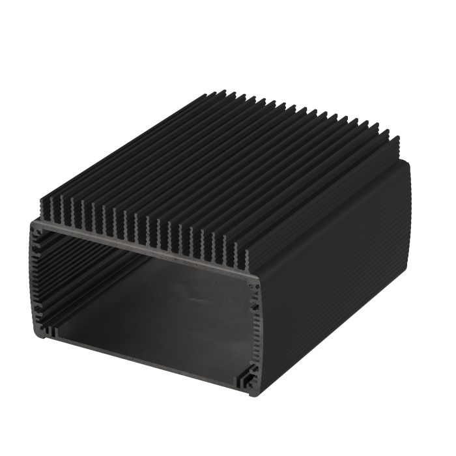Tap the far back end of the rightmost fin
pyautogui.click(x=395, y=138)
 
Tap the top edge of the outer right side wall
pyautogui.click(x=332, y=215)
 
